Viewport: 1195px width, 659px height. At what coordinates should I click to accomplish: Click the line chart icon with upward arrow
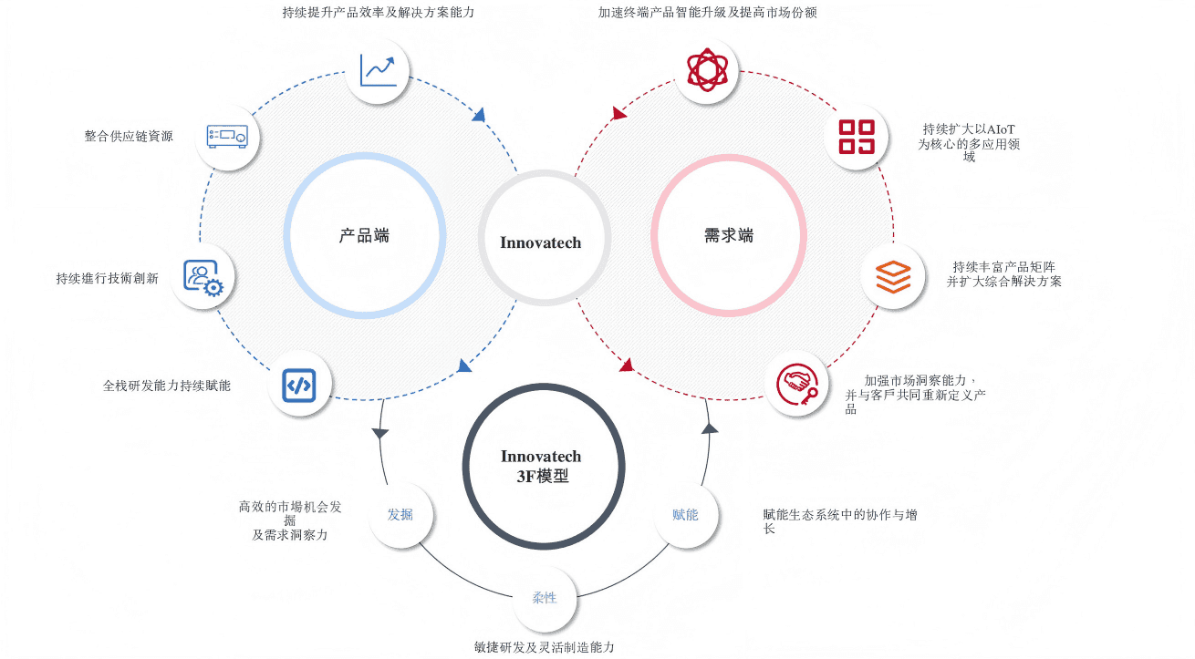click(x=378, y=70)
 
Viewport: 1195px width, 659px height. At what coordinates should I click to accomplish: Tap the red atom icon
click(x=707, y=70)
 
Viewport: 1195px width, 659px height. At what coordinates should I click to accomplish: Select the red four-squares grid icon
click(x=857, y=137)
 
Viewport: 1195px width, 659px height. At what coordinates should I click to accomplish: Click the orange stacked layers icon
click(x=893, y=277)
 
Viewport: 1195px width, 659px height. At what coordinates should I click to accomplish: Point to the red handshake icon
click(x=797, y=384)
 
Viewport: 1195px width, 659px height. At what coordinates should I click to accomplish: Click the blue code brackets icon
click(x=299, y=385)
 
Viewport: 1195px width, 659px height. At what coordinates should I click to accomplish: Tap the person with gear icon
click(x=203, y=277)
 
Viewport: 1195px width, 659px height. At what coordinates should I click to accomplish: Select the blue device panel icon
click(x=227, y=137)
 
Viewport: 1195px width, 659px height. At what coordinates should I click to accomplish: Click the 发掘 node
click(x=400, y=514)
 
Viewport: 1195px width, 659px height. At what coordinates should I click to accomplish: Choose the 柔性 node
click(x=545, y=598)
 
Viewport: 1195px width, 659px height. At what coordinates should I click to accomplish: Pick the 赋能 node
click(x=685, y=514)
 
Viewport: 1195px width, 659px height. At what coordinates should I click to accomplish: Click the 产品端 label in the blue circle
click(x=364, y=236)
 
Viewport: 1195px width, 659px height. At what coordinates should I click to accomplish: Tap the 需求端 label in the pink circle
click(x=729, y=236)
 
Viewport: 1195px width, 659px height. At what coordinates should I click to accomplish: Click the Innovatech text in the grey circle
click(x=540, y=242)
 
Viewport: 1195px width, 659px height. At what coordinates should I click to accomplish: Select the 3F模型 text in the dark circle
click(x=543, y=476)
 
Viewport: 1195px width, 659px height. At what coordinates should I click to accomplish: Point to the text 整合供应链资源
click(x=129, y=137)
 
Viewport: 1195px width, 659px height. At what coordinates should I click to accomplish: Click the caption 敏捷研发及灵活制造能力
click(x=545, y=647)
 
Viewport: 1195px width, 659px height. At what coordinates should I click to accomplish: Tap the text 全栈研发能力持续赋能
click(x=166, y=386)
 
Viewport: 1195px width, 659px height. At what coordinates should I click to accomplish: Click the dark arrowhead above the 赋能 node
click(x=709, y=428)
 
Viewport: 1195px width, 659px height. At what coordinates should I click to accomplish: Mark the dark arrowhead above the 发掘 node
click(x=379, y=433)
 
